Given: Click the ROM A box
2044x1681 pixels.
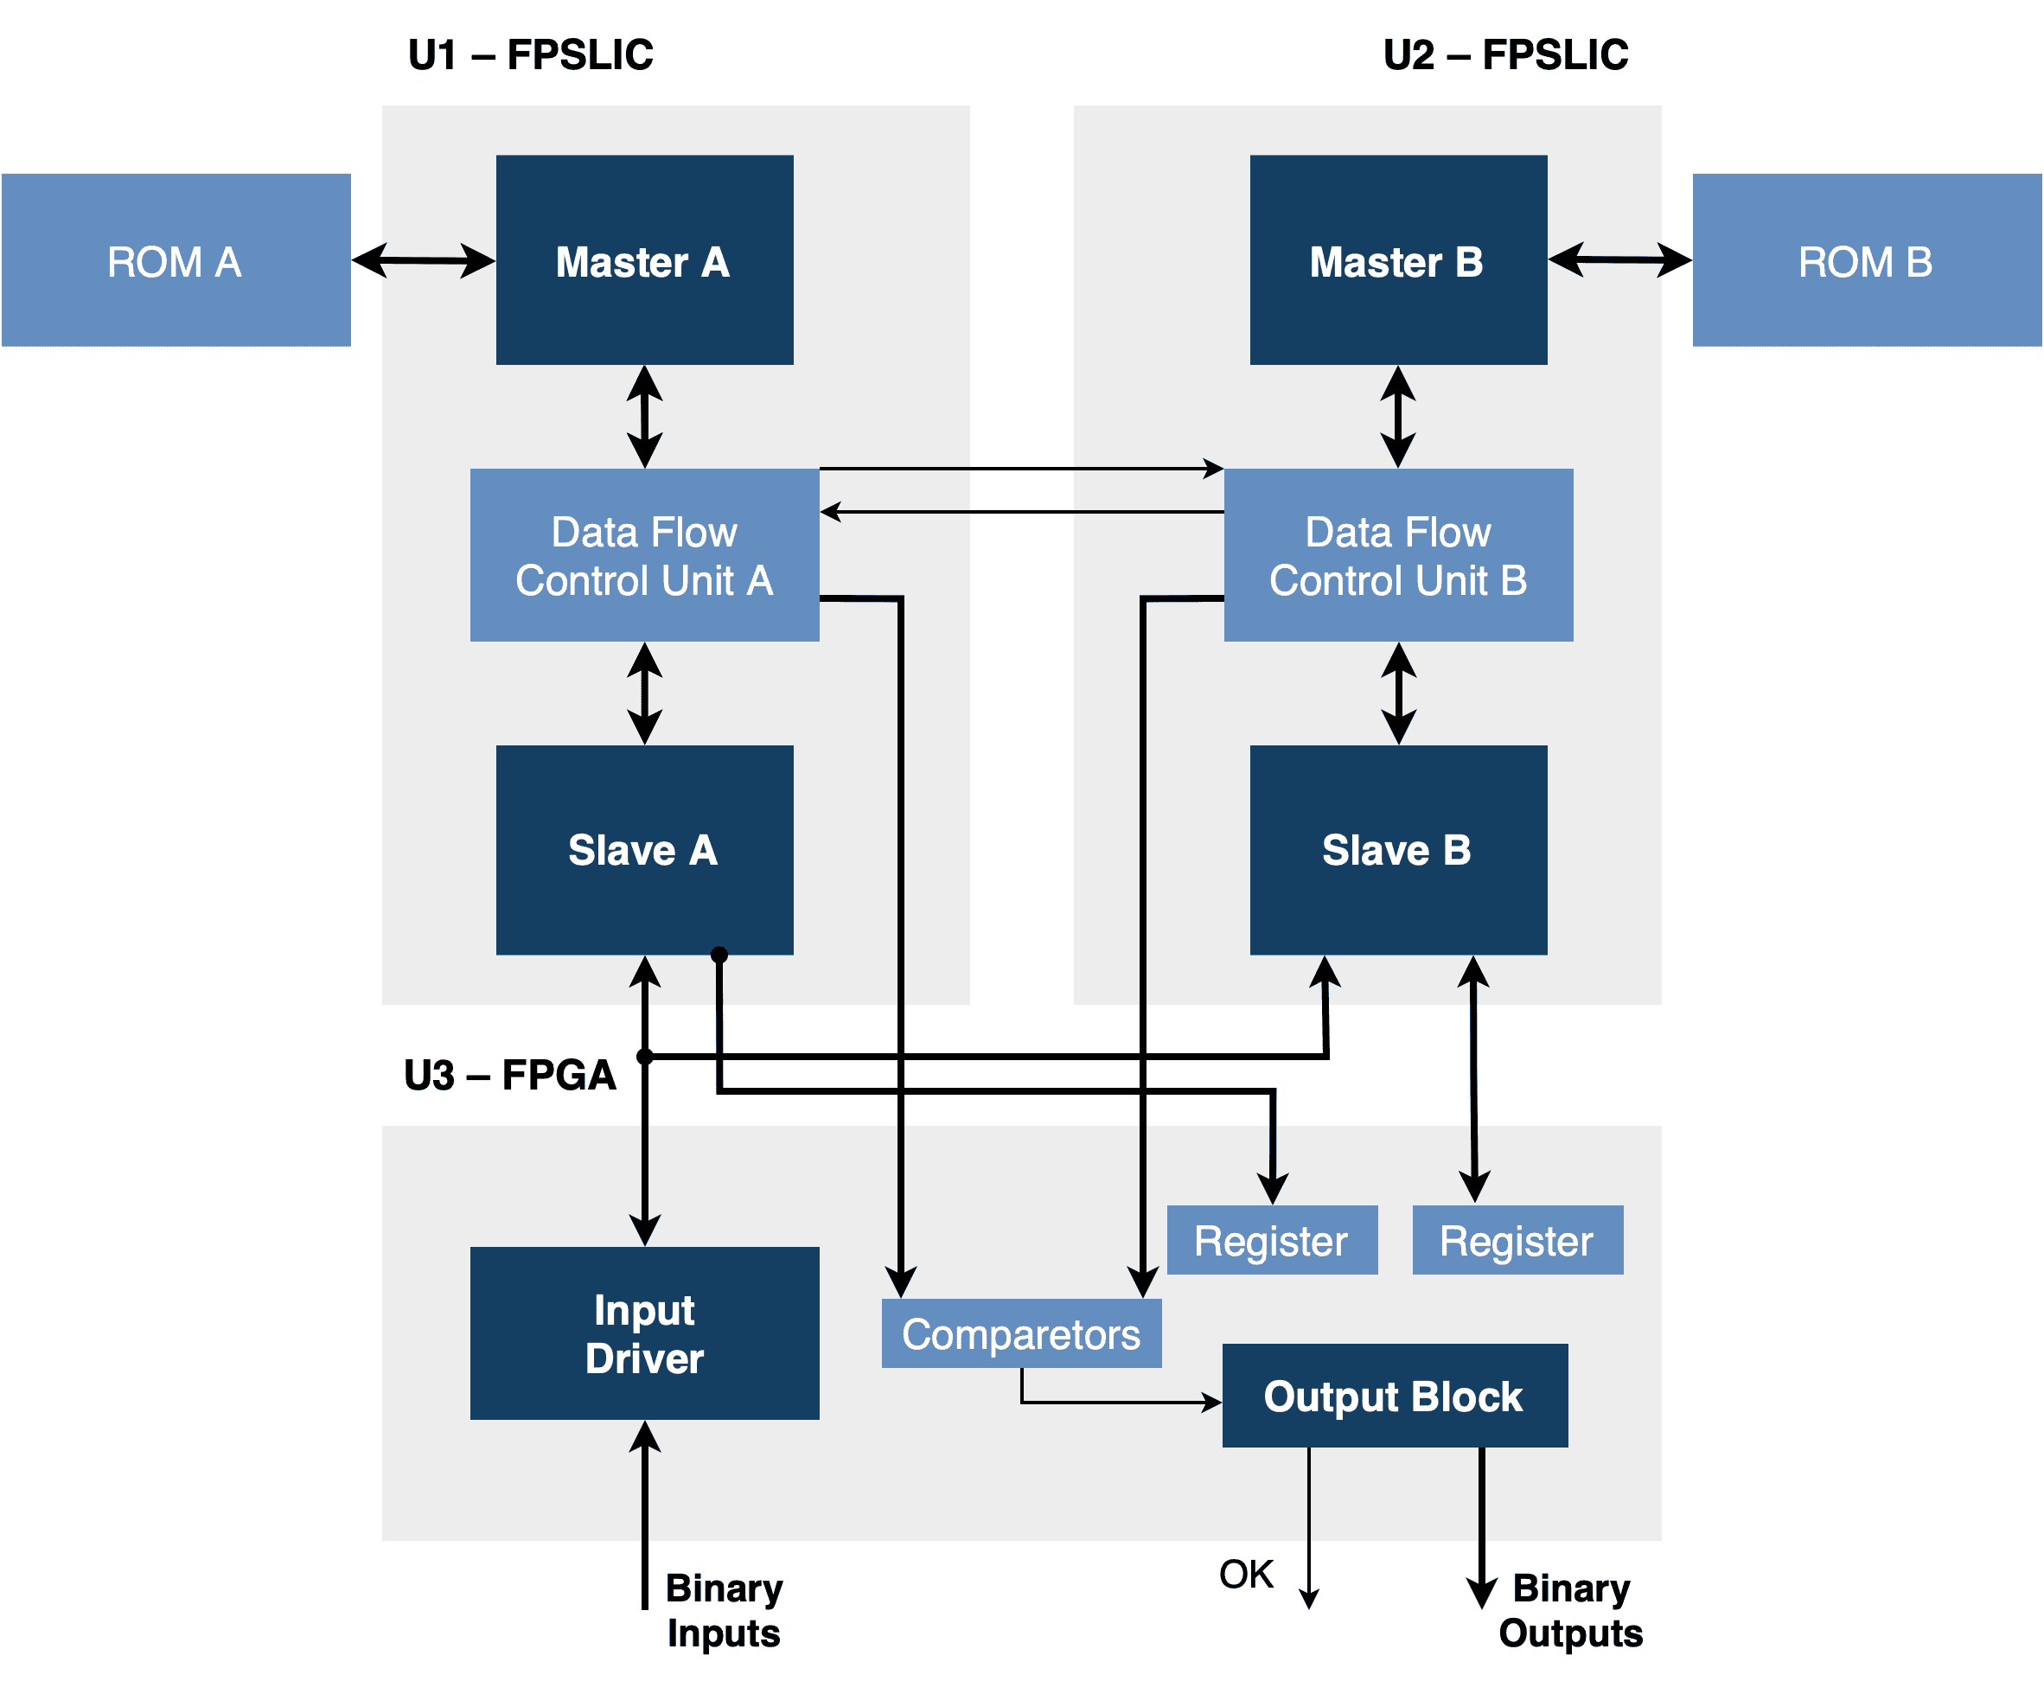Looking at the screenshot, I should tap(176, 260).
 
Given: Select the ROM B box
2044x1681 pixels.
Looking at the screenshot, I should tap(1866, 260).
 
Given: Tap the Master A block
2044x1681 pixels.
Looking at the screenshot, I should tap(644, 260).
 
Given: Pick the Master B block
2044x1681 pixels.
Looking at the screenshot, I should tap(1397, 260).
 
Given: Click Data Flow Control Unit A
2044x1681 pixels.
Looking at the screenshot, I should tap(644, 555).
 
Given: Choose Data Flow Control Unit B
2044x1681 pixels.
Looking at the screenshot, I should tap(1397, 555).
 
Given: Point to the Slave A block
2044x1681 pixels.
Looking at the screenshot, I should tap(644, 849).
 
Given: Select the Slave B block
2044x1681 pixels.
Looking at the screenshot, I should tap(1397, 849).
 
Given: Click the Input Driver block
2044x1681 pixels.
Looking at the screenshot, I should tap(644, 1333).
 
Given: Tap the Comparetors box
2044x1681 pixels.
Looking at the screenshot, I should tap(1020, 1333).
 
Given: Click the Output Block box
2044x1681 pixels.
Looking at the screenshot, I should tap(1393, 1396).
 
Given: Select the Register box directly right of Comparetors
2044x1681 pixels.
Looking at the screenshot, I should tap(1271, 1239).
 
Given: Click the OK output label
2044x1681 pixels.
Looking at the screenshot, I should tap(1245, 1574).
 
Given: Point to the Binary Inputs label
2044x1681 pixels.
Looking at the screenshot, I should tap(724, 1609).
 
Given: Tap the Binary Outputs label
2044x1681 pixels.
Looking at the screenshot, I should tap(1569, 1609).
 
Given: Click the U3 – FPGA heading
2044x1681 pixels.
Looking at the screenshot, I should tap(509, 1075).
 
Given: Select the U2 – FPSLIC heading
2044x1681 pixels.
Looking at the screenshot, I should tap(1504, 54).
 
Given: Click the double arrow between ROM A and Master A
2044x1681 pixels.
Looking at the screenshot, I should tap(423, 260).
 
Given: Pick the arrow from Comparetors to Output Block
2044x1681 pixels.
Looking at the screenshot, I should tap(1114, 1401).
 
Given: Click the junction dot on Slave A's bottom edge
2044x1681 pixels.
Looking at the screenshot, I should tap(719, 955).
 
